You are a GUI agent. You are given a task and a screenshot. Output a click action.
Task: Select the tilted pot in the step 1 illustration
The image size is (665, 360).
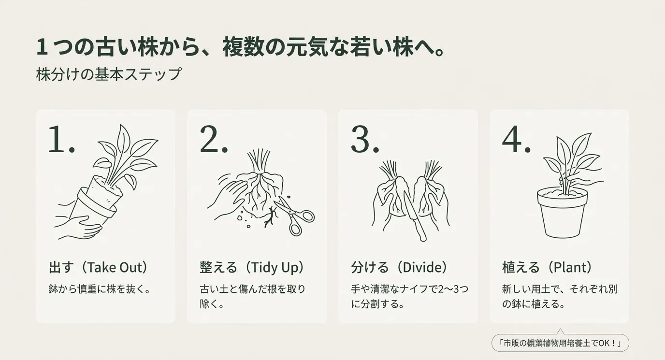point(97,203)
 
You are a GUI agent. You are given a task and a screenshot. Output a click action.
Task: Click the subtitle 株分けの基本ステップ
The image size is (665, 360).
point(109,75)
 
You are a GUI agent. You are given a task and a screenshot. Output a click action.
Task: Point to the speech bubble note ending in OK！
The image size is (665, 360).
point(560,344)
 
